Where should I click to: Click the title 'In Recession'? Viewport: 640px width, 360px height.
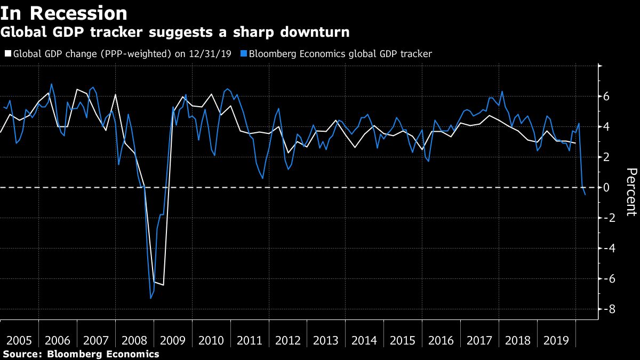click(x=64, y=13)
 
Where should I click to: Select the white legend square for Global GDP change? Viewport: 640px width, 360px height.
click(x=7, y=54)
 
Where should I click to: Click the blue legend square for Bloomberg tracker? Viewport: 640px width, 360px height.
click(x=244, y=54)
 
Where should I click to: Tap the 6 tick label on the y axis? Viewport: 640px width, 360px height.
click(x=606, y=97)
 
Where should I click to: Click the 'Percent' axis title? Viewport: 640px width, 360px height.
click(x=631, y=192)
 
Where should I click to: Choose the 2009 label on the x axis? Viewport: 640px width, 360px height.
click(x=173, y=341)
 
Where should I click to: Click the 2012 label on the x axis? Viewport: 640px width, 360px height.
click(x=287, y=341)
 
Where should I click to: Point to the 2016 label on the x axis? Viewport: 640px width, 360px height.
click(x=441, y=341)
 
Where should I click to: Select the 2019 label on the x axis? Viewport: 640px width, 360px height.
click(x=556, y=341)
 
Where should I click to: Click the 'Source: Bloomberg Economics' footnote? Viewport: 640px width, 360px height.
click(x=81, y=354)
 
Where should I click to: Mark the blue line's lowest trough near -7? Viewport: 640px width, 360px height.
click(x=150, y=298)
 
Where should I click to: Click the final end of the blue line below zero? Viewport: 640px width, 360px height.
click(x=586, y=195)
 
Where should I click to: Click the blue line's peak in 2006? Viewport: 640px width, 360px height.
click(x=51, y=84)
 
